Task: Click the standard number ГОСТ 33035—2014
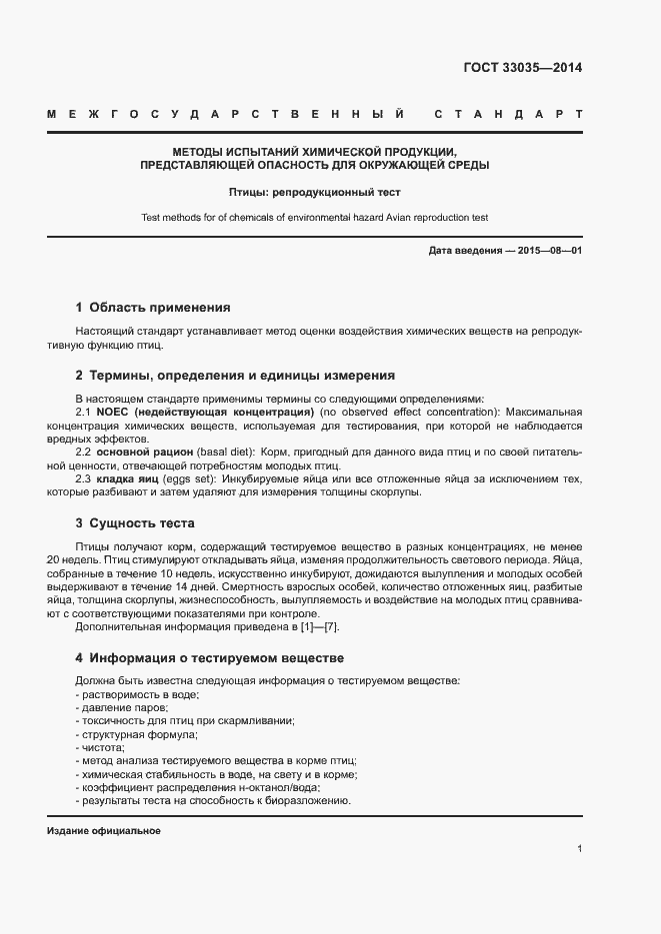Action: pyautogui.click(x=522, y=69)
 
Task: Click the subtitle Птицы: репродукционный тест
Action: pyautogui.click(x=314, y=190)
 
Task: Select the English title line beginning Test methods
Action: pyautogui.click(x=314, y=217)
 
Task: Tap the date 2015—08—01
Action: pyautogui.click(x=548, y=251)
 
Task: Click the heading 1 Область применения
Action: pyautogui.click(x=153, y=308)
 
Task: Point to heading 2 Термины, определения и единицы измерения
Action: pyautogui.click(x=235, y=376)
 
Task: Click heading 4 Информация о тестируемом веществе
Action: pyautogui.click(x=210, y=658)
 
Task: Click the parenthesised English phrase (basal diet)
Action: pyautogui.click(x=225, y=453)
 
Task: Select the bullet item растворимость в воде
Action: pyautogui.click(x=139, y=694)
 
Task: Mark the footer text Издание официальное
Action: pyautogui.click(x=104, y=831)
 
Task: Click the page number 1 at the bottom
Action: pyautogui.click(x=579, y=848)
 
